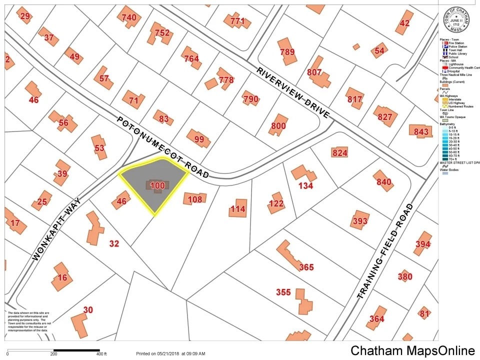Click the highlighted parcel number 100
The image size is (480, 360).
tap(157, 185)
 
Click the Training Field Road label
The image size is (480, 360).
tap(385, 251)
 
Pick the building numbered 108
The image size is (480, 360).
tap(194, 199)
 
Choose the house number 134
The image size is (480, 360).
tap(305, 185)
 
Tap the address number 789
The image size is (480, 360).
tap(287, 52)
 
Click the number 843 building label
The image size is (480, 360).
tap(421, 131)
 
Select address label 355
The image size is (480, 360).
tap(283, 292)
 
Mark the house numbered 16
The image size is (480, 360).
tap(62, 277)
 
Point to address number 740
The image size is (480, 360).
tap(128, 17)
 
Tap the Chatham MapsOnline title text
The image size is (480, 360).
tap(412, 350)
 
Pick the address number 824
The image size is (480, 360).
tap(339, 152)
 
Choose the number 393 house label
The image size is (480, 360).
tap(360, 221)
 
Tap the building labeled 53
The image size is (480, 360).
tap(100, 148)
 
